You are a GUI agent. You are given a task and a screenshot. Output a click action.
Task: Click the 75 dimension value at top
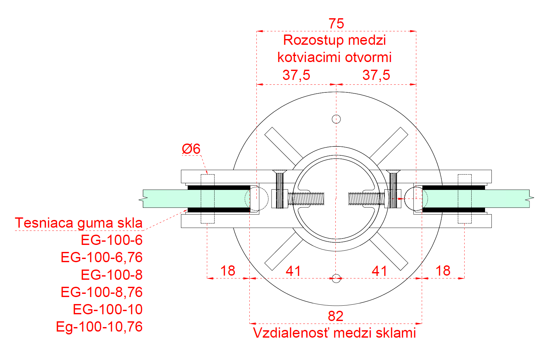coord(336,24)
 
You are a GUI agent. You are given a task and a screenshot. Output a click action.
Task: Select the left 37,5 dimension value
coord(296,75)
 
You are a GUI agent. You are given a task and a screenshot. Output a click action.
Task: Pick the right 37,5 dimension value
coord(376,75)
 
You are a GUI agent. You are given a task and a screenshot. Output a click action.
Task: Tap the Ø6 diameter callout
coord(191,149)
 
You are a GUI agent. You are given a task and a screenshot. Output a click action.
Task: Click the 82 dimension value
coord(335,316)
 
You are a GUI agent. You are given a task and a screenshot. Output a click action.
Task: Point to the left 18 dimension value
coord(228,271)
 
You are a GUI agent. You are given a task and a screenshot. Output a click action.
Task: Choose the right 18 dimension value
coord(443,271)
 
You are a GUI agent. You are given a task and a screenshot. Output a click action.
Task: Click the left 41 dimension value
coord(293,271)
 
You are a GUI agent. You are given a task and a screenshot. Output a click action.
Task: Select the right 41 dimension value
coord(379,271)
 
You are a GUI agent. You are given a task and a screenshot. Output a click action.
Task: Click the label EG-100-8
coord(111,275)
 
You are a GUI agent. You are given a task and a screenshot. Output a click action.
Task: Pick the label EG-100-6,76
coord(101,257)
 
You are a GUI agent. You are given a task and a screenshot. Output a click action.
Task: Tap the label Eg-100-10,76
coord(99,327)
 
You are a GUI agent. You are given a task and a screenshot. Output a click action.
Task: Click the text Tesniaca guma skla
coord(79,223)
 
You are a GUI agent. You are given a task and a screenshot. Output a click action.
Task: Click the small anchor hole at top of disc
coord(336,119)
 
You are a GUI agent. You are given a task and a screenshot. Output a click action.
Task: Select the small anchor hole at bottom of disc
coord(336,278)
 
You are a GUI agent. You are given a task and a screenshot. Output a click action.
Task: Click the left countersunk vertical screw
coord(279,189)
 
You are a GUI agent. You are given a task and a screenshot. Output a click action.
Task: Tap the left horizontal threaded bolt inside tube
coord(306,199)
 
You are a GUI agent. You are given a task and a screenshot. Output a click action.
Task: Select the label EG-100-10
coord(107,309)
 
